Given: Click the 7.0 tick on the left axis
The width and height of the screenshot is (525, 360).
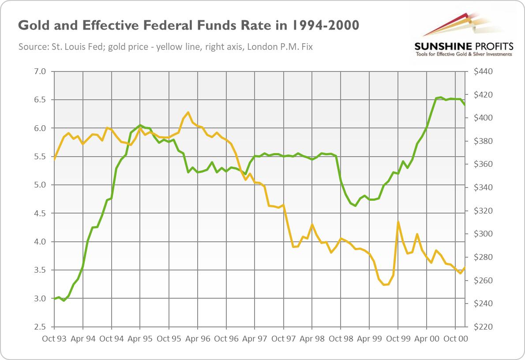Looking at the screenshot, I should [40, 71].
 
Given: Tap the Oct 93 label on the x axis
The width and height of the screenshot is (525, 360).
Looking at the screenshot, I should [54, 339].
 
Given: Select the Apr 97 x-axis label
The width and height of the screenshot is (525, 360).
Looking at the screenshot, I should [255, 339].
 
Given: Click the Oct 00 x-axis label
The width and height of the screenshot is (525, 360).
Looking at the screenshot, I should [455, 339].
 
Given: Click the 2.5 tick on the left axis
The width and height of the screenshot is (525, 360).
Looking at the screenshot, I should [40, 327].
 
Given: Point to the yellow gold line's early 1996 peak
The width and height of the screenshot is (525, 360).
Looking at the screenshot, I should [188, 112].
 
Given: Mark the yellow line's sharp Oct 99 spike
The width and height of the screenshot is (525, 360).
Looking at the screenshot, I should [398, 222].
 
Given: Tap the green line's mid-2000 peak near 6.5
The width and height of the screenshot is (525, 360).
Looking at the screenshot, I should [440, 97].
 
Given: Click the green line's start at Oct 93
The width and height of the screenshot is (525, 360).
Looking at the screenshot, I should [54, 299].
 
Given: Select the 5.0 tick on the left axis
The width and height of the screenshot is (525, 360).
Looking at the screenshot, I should [40, 185].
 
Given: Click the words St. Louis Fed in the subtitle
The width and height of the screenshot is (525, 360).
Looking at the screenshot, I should [67, 46].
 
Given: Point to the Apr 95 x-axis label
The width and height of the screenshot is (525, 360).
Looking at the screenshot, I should [140, 339].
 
